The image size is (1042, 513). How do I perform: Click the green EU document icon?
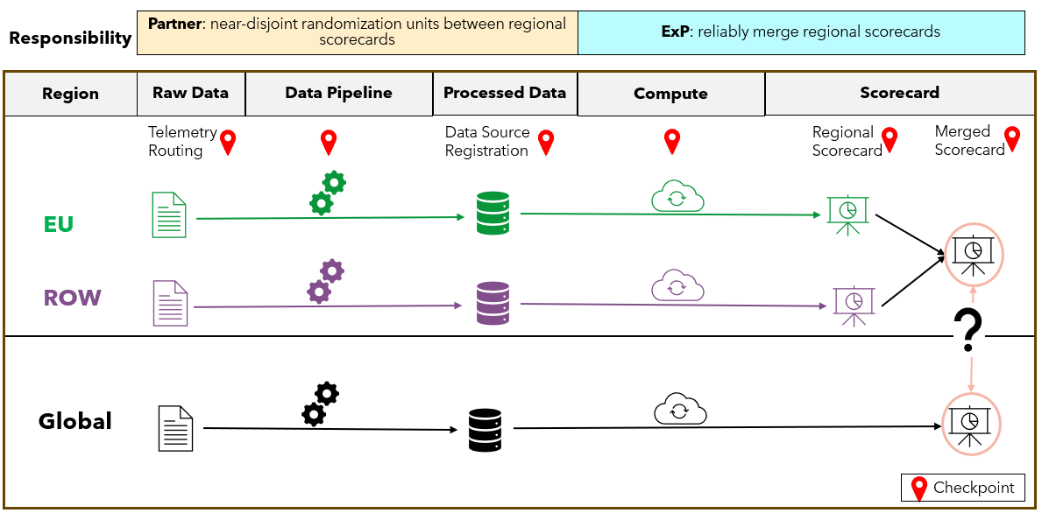(x=168, y=214)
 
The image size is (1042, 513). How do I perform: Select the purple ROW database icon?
(x=492, y=303)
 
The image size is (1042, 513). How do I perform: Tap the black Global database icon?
(x=485, y=430)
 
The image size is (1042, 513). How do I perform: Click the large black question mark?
(x=968, y=330)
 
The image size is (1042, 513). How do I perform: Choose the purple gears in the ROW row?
(x=325, y=281)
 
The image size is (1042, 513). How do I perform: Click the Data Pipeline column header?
(x=338, y=93)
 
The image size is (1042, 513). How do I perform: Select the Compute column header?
(x=670, y=94)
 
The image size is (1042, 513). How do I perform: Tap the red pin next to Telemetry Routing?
(x=228, y=142)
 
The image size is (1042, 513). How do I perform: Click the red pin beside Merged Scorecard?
(x=1012, y=138)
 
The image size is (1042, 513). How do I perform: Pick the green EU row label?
(x=59, y=224)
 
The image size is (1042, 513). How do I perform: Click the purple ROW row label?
(x=72, y=298)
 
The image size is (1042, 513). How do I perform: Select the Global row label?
(x=75, y=421)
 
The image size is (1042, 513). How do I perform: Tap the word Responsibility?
(x=70, y=39)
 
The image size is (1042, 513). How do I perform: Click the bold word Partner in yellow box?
(x=174, y=24)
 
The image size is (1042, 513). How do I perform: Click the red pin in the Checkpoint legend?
(x=919, y=488)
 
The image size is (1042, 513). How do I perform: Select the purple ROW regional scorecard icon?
(x=852, y=305)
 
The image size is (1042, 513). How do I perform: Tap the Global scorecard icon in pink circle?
(x=970, y=424)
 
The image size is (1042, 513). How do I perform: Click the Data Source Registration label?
(x=486, y=141)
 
